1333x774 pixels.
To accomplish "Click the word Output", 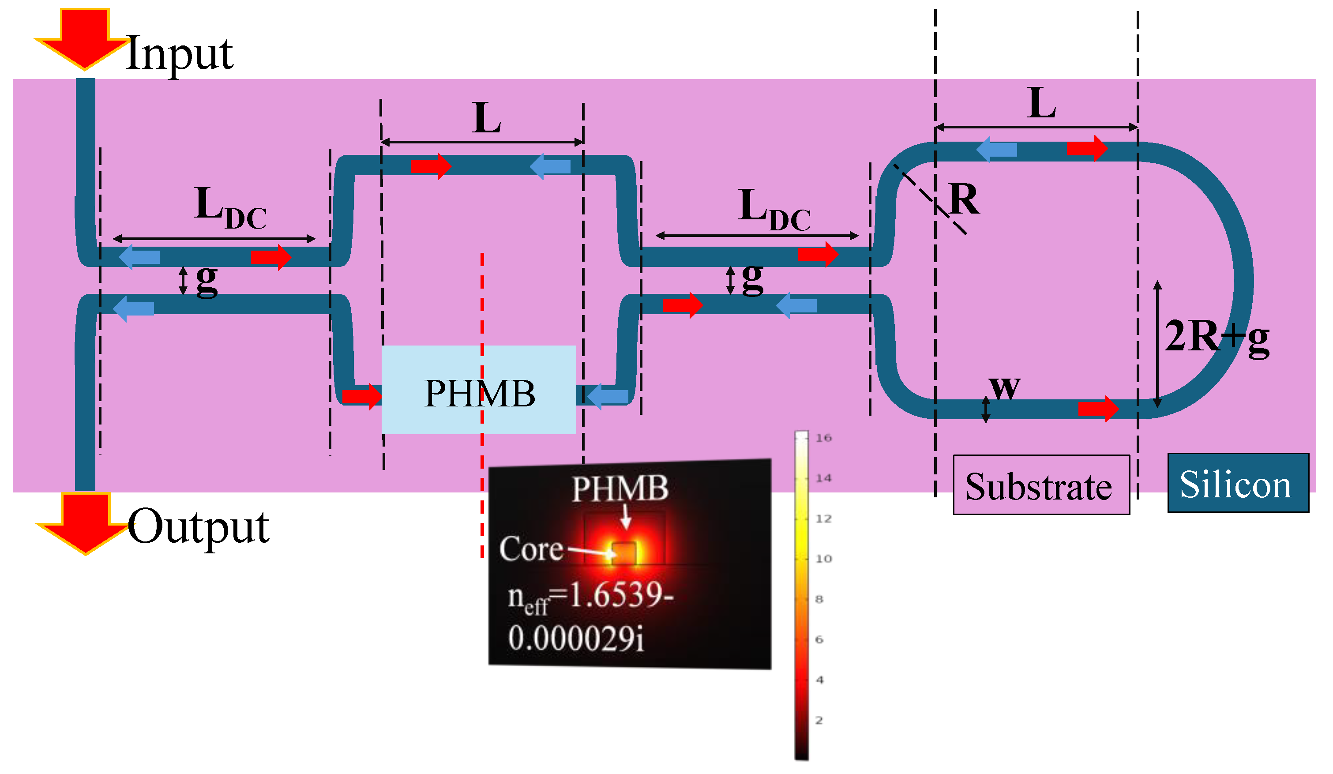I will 199,526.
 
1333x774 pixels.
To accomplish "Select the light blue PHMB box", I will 479,391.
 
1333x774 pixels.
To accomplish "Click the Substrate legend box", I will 1041,485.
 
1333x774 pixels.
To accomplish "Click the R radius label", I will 964,199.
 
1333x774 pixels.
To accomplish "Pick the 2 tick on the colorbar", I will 819,720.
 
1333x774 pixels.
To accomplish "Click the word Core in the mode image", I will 531,549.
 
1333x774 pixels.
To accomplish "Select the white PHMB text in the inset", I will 620,488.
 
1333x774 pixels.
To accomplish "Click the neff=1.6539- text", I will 590,598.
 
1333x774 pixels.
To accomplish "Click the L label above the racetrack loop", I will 1041,103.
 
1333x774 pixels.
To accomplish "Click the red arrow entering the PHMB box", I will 362,396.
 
